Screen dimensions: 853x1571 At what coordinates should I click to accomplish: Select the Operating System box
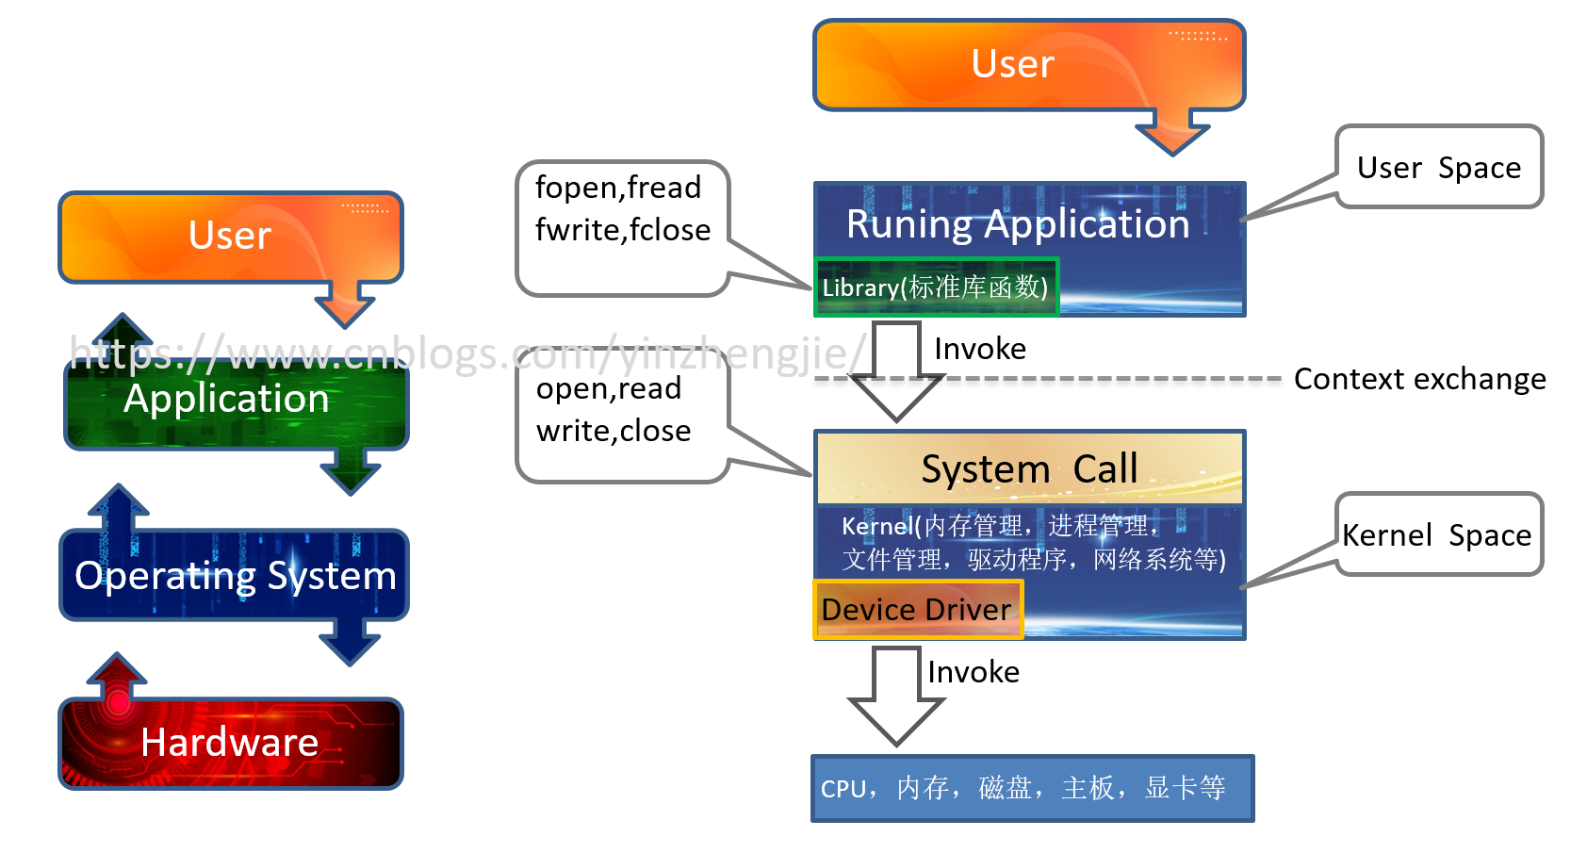pyautogui.click(x=234, y=575)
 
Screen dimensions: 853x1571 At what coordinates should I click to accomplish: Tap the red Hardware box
pyautogui.click(x=231, y=743)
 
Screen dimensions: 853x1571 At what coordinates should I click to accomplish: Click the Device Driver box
pyautogui.click(x=917, y=610)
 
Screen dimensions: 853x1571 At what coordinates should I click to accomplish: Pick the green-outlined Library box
pyautogui.click(x=936, y=287)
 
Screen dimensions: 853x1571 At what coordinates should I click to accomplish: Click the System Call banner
pyautogui.click(x=1029, y=468)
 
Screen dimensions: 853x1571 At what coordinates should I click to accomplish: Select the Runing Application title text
pyautogui.click(x=1018, y=224)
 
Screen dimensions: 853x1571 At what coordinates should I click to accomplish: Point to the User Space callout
pyautogui.click(x=1438, y=168)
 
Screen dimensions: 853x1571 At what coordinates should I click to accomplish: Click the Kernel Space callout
pyautogui.click(x=1438, y=534)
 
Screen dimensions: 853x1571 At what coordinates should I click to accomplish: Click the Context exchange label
pyautogui.click(x=1419, y=379)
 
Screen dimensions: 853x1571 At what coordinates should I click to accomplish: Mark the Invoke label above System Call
pyautogui.click(x=980, y=349)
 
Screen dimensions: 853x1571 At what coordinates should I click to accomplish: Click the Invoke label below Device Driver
pyautogui.click(x=974, y=672)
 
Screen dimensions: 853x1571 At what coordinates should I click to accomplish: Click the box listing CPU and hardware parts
pyautogui.click(x=1032, y=788)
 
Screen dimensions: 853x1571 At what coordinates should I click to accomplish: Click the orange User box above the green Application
pyautogui.click(x=231, y=237)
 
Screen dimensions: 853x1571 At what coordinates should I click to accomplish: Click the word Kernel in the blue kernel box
pyautogui.click(x=876, y=526)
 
